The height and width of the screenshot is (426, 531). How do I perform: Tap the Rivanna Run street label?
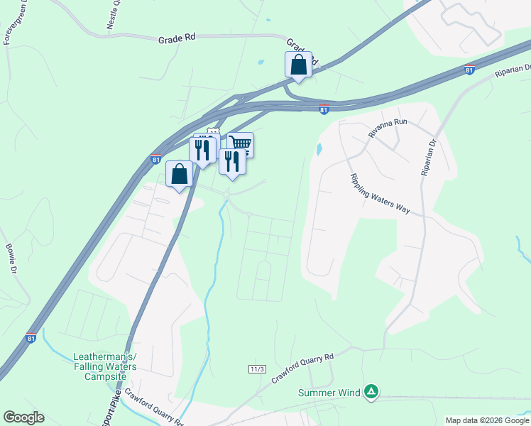pos(388,127)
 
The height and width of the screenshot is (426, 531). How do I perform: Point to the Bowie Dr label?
pos(11,259)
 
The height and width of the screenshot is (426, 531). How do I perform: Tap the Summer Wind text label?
pos(329,392)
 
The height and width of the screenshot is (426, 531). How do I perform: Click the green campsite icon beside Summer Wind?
pos(371,391)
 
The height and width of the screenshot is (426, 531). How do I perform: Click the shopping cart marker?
pos(241,144)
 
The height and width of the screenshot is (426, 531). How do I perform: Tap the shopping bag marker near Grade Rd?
pos(299,65)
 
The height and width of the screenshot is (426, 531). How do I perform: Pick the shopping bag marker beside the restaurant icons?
pos(180,174)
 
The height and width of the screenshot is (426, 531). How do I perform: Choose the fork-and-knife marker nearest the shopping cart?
pos(231,161)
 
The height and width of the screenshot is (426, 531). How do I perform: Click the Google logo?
pos(23,417)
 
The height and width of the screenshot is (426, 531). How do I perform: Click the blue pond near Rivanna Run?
pos(318,150)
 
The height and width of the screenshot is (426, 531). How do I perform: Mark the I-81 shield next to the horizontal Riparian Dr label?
pos(469,70)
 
